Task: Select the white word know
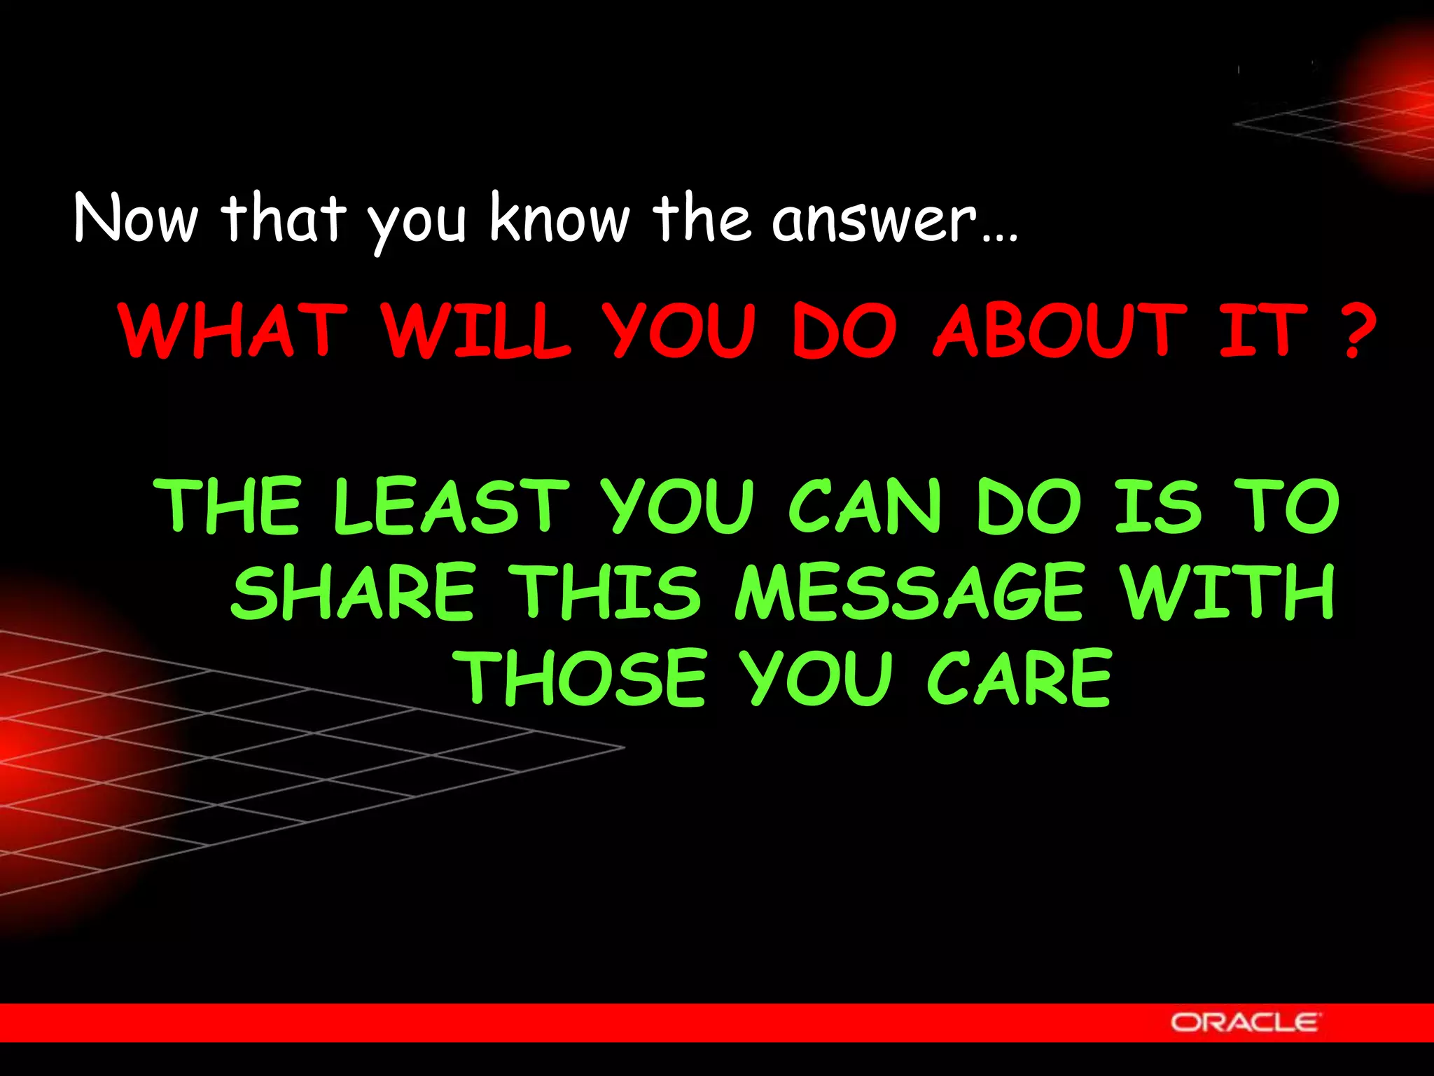(559, 219)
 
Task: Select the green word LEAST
(451, 506)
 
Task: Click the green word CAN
(865, 506)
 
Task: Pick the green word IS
(1157, 506)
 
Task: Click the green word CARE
(1019, 677)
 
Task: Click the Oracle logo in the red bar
(1245, 1022)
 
